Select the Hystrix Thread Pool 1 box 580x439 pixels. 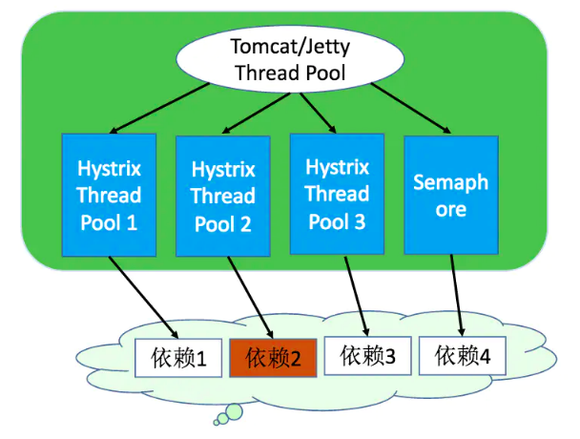tap(109, 196)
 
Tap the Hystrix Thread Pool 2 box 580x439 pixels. tap(223, 197)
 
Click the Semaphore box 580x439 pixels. tap(451, 195)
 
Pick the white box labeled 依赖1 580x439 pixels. tap(179, 360)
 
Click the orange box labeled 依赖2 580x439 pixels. tap(273, 359)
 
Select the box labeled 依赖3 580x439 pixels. tap(367, 357)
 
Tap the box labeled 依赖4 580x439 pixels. tap(463, 356)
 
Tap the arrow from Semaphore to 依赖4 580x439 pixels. tap(459, 296)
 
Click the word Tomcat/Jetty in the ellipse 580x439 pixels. tap(276, 46)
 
